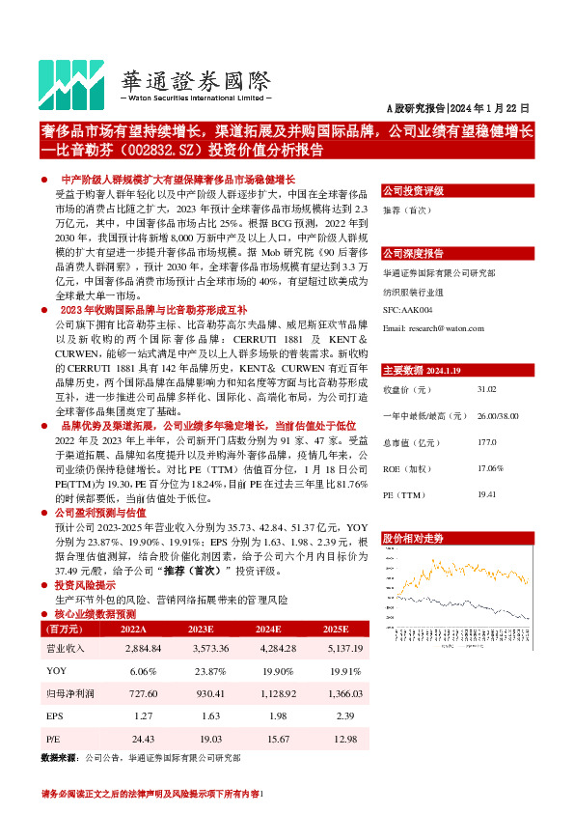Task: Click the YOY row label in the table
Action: [x=56, y=671]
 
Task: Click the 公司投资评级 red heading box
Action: [x=413, y=190]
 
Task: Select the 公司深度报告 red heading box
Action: [x=413, y=253]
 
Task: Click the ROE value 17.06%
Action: [x=490, y=468]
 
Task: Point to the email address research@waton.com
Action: [x=433, y=329]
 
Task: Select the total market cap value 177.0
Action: [x=486, y=442]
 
